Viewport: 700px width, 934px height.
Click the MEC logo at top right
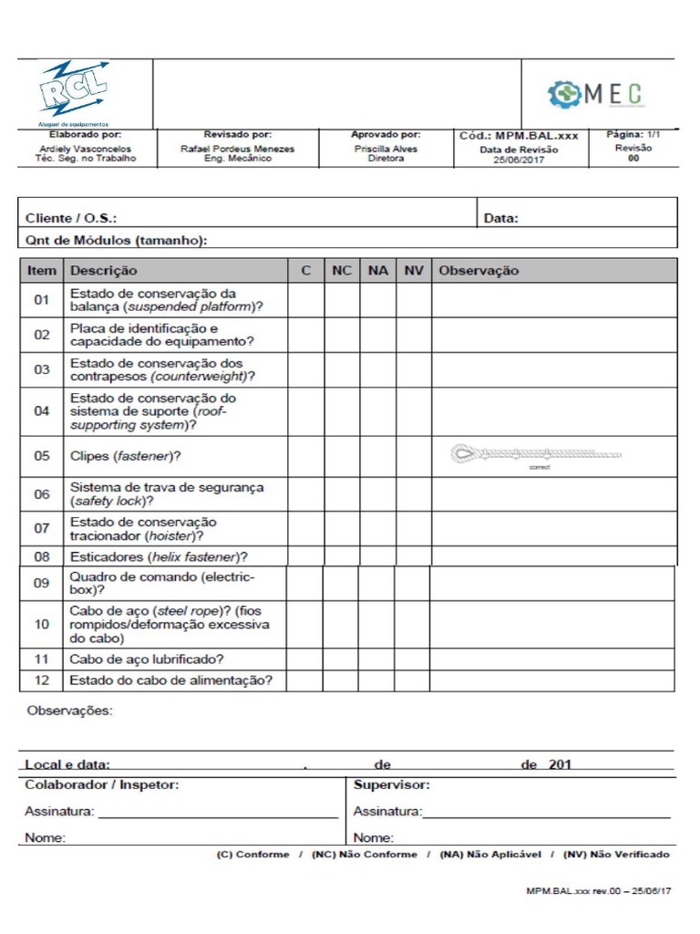point(596,93)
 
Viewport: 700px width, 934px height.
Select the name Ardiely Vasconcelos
point(85,149)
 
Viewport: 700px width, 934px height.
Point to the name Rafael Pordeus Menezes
point(237,149)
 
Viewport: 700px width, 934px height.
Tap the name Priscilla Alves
point(386,149)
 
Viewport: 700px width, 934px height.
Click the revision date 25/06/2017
point(519,160)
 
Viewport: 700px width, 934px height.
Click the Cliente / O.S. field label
point(71,218)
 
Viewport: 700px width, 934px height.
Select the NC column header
point(342,271)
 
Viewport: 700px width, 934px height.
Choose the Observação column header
point(479,271)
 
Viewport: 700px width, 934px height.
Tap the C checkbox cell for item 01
point(306,300)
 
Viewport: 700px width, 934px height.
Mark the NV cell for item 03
point(414,369)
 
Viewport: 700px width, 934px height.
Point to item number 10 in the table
point(42,625)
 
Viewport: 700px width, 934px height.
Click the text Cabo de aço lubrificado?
point(147,659)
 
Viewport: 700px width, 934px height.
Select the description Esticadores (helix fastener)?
point(160,556)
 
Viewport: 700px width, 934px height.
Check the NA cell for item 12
point(376,680)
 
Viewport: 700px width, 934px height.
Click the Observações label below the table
point(71,711)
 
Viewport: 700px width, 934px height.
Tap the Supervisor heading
point(391,784)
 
